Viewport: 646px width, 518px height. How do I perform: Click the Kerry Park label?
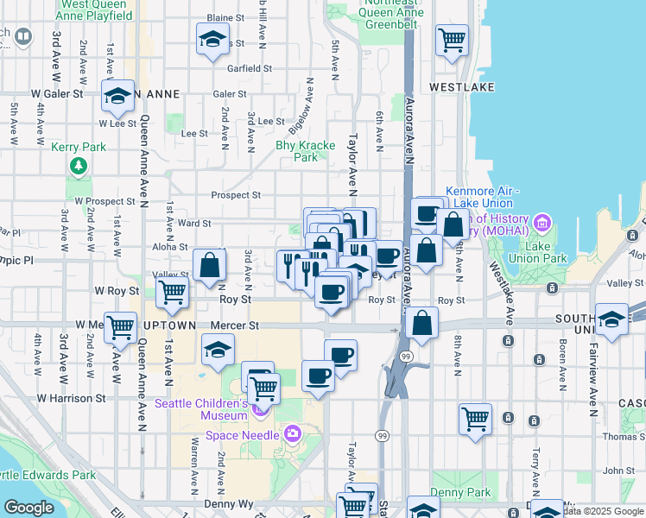(x=78, y=148)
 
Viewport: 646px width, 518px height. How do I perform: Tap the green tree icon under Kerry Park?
(x=78, y=164)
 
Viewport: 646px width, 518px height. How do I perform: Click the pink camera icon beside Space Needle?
(x=292, y=433)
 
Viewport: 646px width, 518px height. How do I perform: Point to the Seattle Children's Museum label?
(x=200, y=410)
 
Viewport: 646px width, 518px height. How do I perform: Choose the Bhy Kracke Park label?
(x=305, y=152)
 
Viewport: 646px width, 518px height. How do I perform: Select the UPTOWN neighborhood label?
(x=173, y=325)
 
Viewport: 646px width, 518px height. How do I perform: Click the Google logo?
(x=28, y=507)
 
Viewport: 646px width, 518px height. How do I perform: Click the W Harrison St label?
(x=71, y=398)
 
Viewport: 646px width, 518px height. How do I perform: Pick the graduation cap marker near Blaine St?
(x=212, y=40)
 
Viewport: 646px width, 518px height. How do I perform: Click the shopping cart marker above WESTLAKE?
(x=452, y=39)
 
